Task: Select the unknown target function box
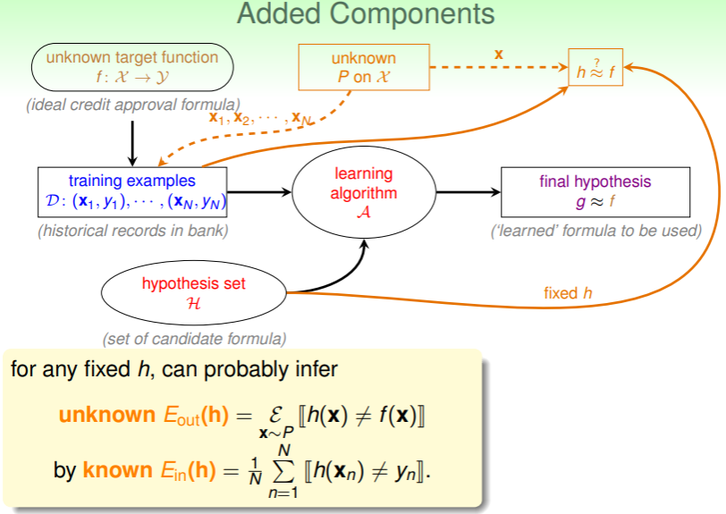(x=131, y=66)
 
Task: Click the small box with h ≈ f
(x=595, y=69)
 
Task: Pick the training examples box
(x=132, y=191)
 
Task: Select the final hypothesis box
(x=595, y=191)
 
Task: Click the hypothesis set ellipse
(x=193, y=293)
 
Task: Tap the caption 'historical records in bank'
(x=132, y=231)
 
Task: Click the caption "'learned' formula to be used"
(x=596, y=231)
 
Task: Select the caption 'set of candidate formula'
(x=194, y=339)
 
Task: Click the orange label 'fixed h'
(x=568, y=292)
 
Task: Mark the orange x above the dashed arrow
(x=499, y=55)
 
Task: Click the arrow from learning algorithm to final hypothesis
(x=468, y=191)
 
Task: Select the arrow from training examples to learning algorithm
(x=261, y=191)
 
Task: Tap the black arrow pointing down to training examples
(x=132, y=141)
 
